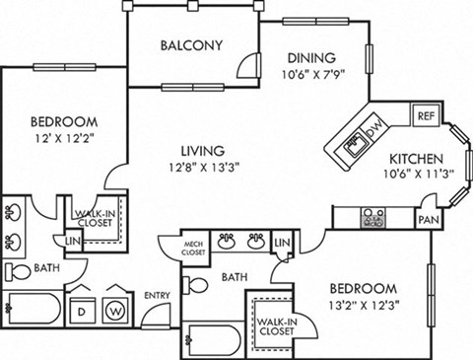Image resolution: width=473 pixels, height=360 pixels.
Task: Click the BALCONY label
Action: coord(191,45)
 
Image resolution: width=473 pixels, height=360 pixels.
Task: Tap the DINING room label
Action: coord(310,57)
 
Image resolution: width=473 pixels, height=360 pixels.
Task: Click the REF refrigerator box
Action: coord(425,114)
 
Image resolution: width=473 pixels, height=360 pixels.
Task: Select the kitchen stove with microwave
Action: coord(373,214)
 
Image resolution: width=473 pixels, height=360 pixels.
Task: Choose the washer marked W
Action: coord(116,307)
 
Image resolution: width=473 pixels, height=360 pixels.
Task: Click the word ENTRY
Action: coord(157,295)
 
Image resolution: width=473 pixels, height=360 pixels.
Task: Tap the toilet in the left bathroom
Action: coord(17,271)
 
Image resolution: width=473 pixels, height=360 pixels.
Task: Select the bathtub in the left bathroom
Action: coord(30,312)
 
